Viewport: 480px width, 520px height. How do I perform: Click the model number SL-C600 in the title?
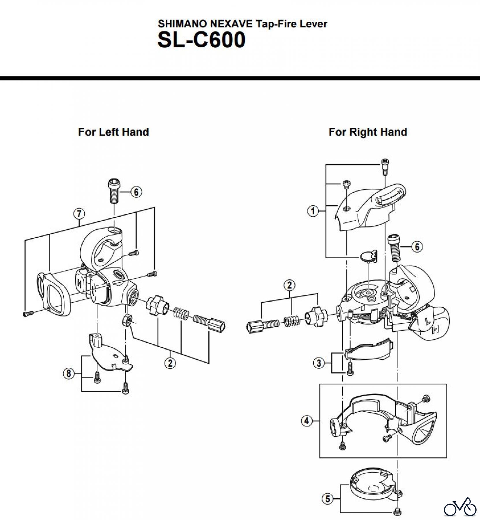pos(201,40)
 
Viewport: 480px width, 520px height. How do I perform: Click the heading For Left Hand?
pos(113,132)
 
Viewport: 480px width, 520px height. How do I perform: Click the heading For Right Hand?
pos(368,132)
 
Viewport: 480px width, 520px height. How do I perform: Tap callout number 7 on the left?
pos(79,214)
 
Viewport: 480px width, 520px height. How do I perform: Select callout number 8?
pos(69,374)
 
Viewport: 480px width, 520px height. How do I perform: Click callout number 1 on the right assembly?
pos(313,211)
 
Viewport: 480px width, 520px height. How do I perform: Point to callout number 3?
pos(319,363)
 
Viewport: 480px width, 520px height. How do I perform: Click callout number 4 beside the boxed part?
pos(307,421)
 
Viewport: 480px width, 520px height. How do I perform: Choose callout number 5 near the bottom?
pos(328,499)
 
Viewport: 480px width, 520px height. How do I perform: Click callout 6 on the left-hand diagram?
pos(136,192)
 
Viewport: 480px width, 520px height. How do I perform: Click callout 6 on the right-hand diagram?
pos(417,247)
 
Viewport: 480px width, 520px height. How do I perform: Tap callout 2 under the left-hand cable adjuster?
pos(170,363)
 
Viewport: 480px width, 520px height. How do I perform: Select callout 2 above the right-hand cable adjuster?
pos(290,285)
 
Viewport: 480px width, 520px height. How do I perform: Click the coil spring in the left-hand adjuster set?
pos(182,314)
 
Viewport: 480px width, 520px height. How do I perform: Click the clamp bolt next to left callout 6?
pos(114,192)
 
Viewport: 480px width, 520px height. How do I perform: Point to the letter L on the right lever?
pos(428,320)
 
